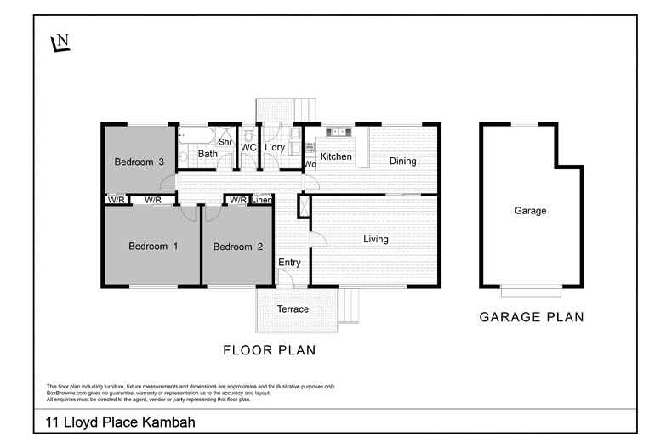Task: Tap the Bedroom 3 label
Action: click(x=140, y=162)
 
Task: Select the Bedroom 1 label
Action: click(x=153, y=247)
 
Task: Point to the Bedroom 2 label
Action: click(x=237, y=247)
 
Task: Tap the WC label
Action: click(x=248, y=148)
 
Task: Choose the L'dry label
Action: click(x=274, y=148)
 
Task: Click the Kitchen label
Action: click(x=335, y=156)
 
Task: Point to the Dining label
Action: click(x=402, y=161)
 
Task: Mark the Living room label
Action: click(x=376, y=239)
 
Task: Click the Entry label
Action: click(x=289, y=263)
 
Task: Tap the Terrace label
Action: click(x=293, y=309)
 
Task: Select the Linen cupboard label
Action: click(x=262, y=200)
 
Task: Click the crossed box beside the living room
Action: click(x=303, y=206)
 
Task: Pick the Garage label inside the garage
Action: click(x=531, y=211)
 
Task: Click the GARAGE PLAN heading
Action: click(x=531, y=317)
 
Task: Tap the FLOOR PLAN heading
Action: click(x=270, y=349)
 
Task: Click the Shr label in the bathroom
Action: click(x=225, y=142)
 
